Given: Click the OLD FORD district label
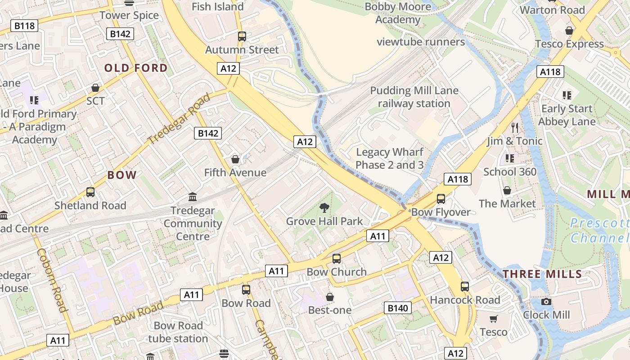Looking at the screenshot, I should (x=136, y=68).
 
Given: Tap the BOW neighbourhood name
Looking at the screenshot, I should (x=122, y=175).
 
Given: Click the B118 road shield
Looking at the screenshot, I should (x=24, y=26).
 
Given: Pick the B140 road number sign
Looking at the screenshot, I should (x=398, y=308).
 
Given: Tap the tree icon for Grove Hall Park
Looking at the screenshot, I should (x=324, y=207).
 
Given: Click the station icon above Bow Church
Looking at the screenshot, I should (x=337, y=259).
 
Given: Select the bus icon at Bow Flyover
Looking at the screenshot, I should (x=441, y=199).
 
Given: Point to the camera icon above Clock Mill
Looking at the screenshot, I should (x=546, y=301).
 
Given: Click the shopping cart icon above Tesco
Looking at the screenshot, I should (x=494, y=319).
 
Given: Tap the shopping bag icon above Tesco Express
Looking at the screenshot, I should (x=569, y=31).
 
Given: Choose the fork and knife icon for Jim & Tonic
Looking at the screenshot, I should (x=515, y=127).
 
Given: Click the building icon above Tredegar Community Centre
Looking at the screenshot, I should (x=193, y=197).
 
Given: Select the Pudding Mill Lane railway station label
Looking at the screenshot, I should (x=414, y=97).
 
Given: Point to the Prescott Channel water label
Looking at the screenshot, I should (x=599, y=230).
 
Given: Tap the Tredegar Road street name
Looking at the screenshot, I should (x=179, y=118).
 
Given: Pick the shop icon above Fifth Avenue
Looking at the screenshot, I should (x=235, y=159).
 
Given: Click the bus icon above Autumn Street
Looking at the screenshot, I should (x=242, y=36).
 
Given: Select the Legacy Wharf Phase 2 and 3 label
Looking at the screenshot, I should (x=390, y=158).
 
